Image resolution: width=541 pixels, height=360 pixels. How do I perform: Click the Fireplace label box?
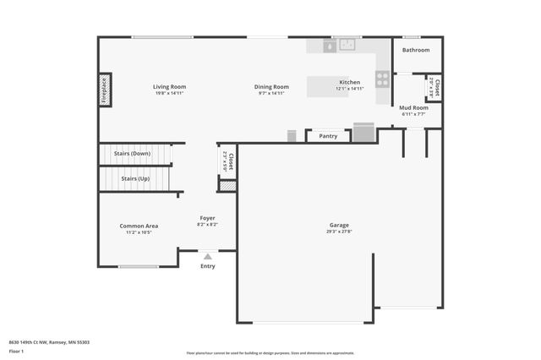pyautogui.click(x=105, y=90)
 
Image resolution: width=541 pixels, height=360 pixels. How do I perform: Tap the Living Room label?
pyautogui.click(x=169, y=86)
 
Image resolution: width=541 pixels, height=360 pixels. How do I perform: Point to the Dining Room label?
pyautogui.click(x=272, y=86)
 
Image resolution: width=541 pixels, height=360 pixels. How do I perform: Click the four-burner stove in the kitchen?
pyautogui.click(x=382, y=79)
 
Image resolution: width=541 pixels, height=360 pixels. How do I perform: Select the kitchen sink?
pyautogui.click(x=345, y=46)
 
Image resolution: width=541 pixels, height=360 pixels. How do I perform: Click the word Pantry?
pyautogui.click(x=328, y=135)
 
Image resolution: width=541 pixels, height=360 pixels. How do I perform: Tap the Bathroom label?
pyautogui.click(x=415, y=50)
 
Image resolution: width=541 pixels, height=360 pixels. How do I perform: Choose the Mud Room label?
pyautogui.click(x=414, y=107)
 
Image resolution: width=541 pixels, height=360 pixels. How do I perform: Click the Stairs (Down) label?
pyautogui.click(x=135, y=154)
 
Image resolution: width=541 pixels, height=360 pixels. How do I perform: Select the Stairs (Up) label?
pyautogui.click(x=135, y=178)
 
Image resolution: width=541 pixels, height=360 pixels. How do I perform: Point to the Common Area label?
pyautogui.click(x=139, y=226)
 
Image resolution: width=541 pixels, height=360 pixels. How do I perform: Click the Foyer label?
pyautogui.click(x=207, y=219)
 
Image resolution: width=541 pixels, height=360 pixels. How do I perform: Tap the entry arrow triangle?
pyautogui.click(x=208, y=255)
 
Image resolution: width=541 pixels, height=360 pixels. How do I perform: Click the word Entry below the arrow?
pyautogui.click(x=208, y=266)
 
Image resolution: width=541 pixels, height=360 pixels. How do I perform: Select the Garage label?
pyautogui.click(x=339, y=225)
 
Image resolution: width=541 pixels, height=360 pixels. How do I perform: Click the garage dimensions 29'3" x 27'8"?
pyautogui.click(x=339, y=232)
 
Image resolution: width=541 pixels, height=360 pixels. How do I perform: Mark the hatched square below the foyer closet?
pyautogui.click(x=227, y=185)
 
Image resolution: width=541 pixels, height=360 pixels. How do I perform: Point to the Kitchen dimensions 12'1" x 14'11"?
pyautogui.click(x=349, y=89)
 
